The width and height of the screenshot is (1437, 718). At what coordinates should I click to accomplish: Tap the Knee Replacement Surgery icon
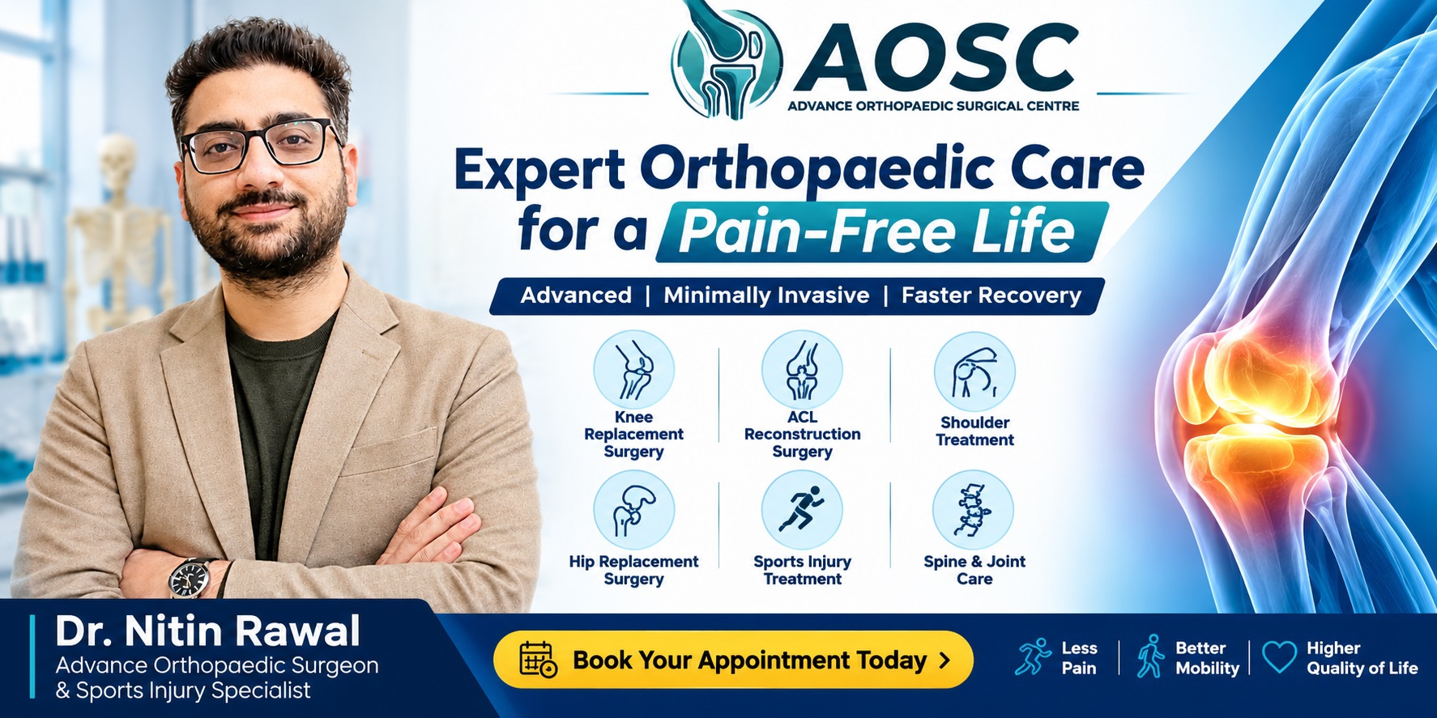pos(633,370)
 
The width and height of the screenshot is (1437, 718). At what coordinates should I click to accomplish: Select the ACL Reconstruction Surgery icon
pos(802,370)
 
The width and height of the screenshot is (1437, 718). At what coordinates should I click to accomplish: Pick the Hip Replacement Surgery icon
pos(633,511)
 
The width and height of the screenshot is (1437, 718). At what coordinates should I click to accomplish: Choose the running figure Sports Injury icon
pos(802,511)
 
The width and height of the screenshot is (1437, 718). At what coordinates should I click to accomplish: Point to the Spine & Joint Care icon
pos(973,511)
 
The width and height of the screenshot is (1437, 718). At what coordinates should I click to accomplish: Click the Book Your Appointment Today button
pos(733,660)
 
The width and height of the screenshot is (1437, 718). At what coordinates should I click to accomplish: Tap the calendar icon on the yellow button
pos(538,659)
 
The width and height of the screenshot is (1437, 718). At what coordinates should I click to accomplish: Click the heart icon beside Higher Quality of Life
pos(1280,656)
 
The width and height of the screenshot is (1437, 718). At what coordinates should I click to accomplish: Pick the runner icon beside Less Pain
pos(1033,656)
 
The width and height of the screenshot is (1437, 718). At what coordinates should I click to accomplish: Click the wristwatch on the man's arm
pos(190,578)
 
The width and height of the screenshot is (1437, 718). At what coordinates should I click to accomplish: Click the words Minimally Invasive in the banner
pos(766,295)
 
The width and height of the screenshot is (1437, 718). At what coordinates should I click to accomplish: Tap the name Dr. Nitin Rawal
pos(207,631)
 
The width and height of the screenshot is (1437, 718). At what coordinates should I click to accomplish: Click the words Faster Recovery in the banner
pos(991,295)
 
